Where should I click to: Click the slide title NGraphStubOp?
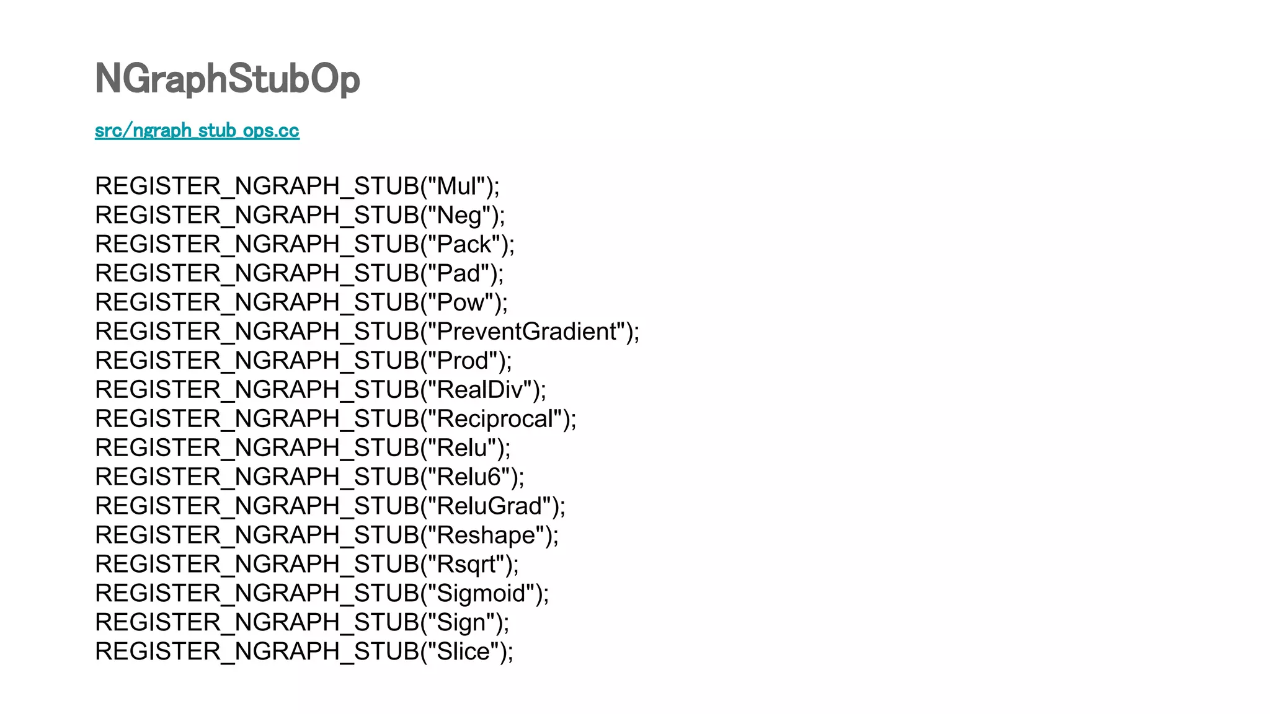(x=227, y=79)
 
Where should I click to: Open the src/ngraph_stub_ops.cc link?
(x=197, y=131)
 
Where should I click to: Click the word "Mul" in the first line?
(x=460, y=186)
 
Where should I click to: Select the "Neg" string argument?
(x=460, y=215)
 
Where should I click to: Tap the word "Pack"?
(x=464, y=244)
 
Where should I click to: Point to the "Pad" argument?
(x=459, y=273)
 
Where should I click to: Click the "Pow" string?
(x=461, y=302)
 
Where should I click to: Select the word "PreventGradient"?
(x=528, y=332)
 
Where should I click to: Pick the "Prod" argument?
(x=463, y=361)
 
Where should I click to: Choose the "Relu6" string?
(x=469, y=477)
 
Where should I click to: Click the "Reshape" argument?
(x=486, y=535)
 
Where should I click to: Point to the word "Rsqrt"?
(x=466, y=565)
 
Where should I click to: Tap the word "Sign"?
(x=461, y=623)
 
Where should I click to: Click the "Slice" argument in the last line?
(x=463, y=652)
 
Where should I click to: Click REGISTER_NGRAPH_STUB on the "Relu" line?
(x=257, y=448)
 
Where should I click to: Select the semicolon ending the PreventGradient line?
(x=636, y=335)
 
